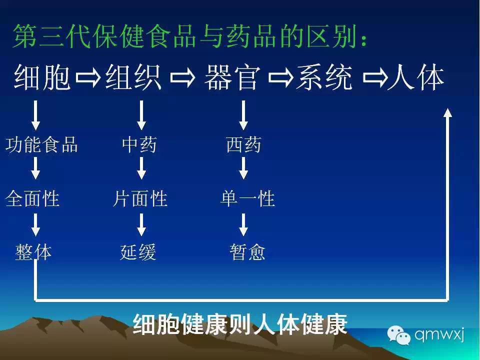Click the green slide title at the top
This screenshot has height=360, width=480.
pos(190,36)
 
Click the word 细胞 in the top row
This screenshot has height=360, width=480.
pos(42,77)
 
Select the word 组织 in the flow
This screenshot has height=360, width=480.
pos(133,77)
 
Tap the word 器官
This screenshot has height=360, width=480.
pos(232,77)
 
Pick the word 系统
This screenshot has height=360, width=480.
pos(324,77)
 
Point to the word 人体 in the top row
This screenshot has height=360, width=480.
pos(415,77)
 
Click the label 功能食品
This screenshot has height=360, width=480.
pos(41,144)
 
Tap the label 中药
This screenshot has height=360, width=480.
pos(139,144)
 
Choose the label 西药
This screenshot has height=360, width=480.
pos(243,144)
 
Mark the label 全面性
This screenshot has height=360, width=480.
pos(32,198)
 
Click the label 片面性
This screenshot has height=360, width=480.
pos(140,198)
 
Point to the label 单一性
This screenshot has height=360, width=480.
pos(247,198)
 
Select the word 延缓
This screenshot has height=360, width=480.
pos(138,252)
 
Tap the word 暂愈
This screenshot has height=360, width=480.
pos(247,252)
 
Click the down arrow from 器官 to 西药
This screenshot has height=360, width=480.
pos(243,115)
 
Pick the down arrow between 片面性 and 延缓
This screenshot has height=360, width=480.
pos(141,224)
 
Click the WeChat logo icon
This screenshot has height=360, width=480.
pos(398,335)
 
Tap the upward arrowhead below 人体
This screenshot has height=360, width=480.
pos(447,112)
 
